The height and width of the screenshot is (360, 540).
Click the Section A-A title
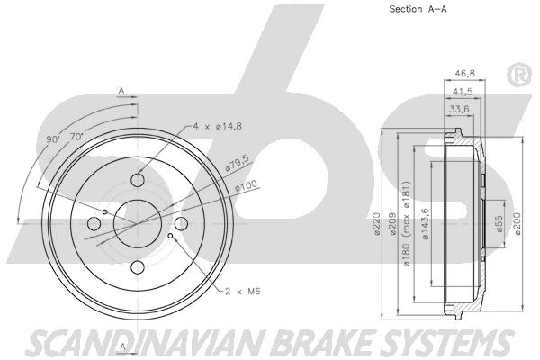tap(418, 9)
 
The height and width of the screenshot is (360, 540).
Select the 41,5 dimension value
tap(463, 92)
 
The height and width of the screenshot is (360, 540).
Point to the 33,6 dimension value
tap(459, 110)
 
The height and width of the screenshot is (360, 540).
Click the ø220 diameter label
tap(377, 224)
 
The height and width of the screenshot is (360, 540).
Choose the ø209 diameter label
tap(393, 224)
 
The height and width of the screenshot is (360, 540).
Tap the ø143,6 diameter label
tap(425, 224)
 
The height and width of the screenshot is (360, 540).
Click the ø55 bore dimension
tap(499, 224)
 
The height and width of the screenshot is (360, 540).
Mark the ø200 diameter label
tap(517, 224)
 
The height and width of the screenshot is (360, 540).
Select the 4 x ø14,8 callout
tap(217, 126)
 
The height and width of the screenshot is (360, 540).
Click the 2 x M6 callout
tap(243, 292)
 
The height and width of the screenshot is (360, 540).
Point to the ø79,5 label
tap(237, 163)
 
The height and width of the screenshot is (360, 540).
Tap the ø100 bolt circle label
tap(246, 186)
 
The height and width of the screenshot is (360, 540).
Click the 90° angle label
tap(53, 139)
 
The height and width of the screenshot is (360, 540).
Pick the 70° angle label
tap(76, 137)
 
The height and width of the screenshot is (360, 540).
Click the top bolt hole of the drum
tap(138, 180)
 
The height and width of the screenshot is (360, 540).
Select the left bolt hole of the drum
tap(94, 224)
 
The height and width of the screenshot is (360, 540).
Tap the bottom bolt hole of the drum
tap(138, 267)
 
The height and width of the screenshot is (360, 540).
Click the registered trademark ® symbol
tap(518, 75)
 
